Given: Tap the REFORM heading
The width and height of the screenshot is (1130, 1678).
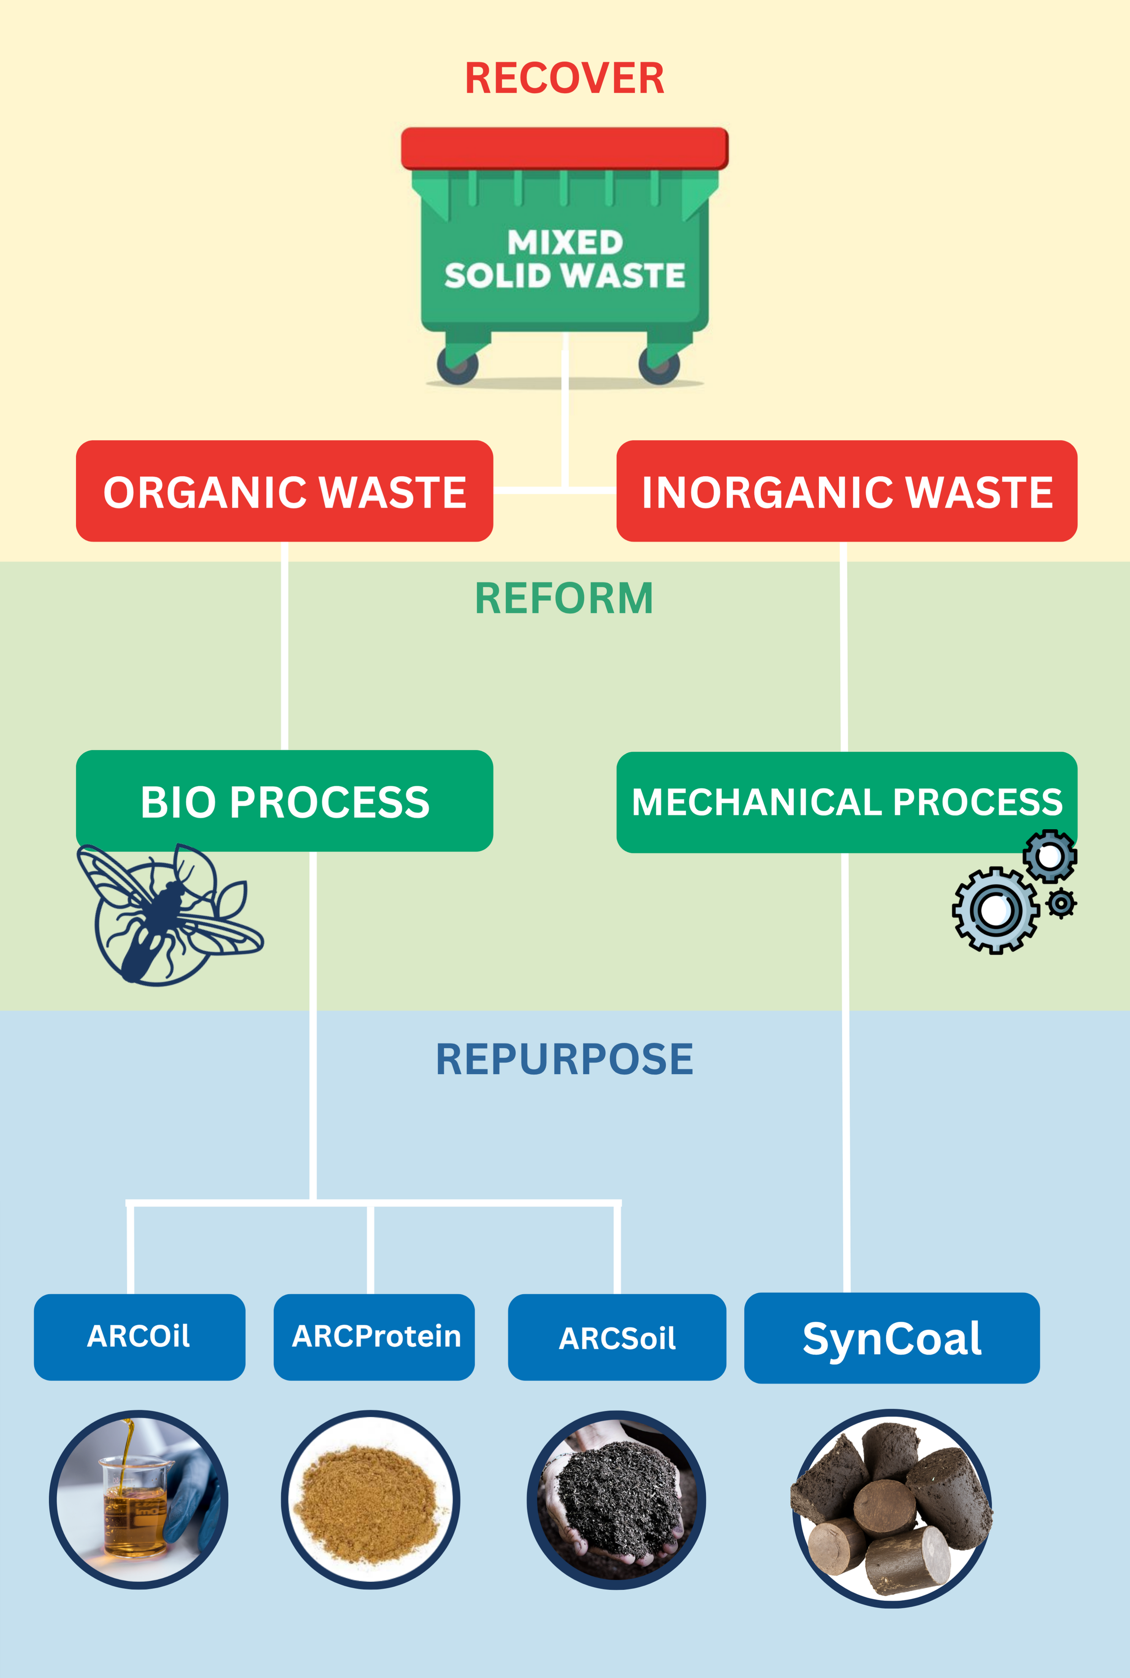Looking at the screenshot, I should pyautogui.click(x=564, y=598).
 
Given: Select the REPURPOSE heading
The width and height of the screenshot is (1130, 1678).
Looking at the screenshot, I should pyautogui.click(x=564, y=1059).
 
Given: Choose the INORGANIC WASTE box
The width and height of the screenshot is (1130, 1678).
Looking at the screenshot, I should pyautogui.click(x=846, y=492).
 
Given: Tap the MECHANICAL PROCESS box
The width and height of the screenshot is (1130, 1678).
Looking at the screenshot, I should pyautogui.click(x=846, y=802).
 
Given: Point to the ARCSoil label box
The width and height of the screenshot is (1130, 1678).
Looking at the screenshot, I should pyautogui.click(x=617, y=1337).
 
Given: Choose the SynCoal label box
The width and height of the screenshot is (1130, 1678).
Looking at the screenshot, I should pyautogui.click(x=891, y=1338).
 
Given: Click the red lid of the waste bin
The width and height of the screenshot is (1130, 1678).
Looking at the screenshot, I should pyautogui.click(x=564, y=148).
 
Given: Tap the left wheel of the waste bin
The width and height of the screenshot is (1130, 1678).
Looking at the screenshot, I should pyautogui.click(x=457, y=366).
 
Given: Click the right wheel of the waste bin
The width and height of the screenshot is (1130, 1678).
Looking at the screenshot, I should pyautogui.click(x=659, y=366).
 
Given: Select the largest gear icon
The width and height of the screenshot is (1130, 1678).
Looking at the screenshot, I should pyautogui.click(x=995, y=910).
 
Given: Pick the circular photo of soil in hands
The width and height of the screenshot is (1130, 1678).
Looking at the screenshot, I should pyautogui.click(x=616, y=1499).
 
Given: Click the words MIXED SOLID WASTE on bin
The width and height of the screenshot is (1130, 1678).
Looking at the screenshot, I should pyautogui.click(x=564, y=260).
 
